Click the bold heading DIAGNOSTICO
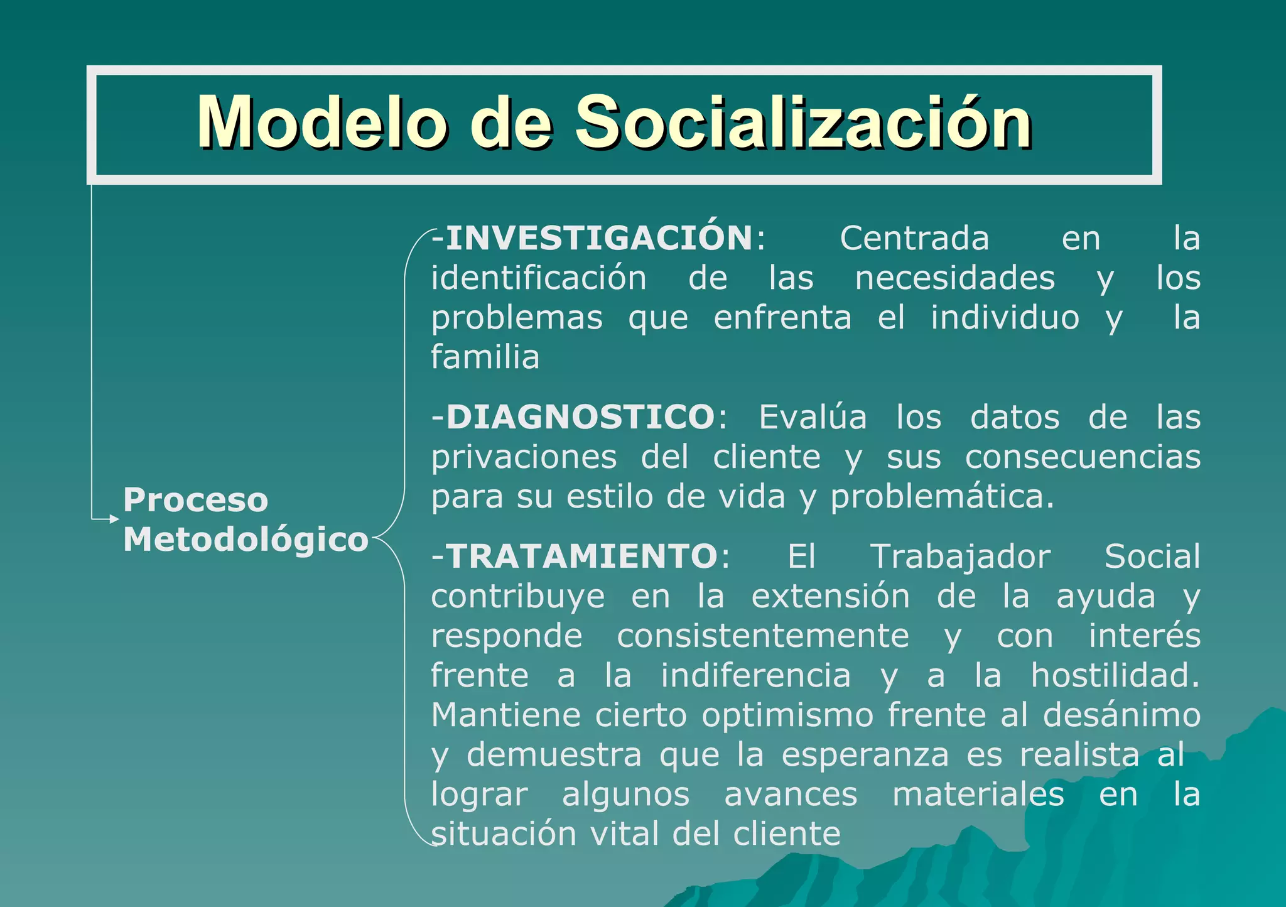(x=580, y=417)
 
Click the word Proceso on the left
(x=195, y=500)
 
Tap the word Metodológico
(x=246, y=540)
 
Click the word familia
(x=485, y=357)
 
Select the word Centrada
(x=914, y=238)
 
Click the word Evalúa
(x=813, y=417)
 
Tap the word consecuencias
(x=1083, y=457)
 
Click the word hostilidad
(x=1115, y=676)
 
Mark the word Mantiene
(x=505, y=715)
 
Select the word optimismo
(x=787, y=715)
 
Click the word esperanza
(x=865, y=755)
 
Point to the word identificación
(x=539, y=278)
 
